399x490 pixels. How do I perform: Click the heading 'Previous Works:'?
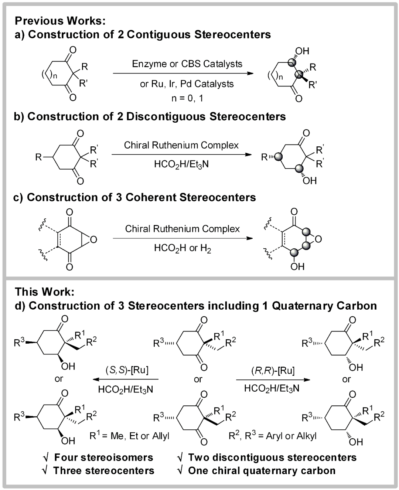point(60,21)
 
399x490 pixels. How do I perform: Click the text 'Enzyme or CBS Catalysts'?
point(187,64)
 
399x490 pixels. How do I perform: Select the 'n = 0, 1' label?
point(187,98)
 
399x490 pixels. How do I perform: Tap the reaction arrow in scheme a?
point(183,73)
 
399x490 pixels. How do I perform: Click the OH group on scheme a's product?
point(302,51)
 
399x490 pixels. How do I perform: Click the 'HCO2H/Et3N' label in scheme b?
point(181,164)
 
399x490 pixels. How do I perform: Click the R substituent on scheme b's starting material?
point(38,157)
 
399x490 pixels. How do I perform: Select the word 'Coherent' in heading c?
point(151,197)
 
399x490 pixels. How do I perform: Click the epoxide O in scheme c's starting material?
point(93,240)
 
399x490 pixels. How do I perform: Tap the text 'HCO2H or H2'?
point(183,248)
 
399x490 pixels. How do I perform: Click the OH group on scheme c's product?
point(297,266)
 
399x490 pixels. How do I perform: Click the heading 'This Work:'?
point(44,292)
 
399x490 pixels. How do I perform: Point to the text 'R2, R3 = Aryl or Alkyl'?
point(273,436)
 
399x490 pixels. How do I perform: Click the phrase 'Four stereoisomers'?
point(103,457)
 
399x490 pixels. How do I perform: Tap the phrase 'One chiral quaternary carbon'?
point(262,470)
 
